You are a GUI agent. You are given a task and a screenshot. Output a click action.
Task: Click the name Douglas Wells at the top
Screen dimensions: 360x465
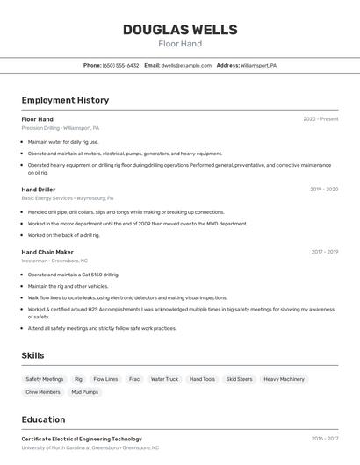pyautogui.click(x=180, y=30)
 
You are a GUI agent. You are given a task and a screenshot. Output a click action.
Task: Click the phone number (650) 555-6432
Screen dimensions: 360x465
pyautogui.click(x=120, y=65)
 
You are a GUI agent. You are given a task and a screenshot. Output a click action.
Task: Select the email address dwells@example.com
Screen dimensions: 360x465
pyautogui.click(x=186, y=65)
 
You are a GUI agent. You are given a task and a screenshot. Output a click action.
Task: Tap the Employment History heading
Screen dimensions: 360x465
pyautogui.click(x=65, y=100)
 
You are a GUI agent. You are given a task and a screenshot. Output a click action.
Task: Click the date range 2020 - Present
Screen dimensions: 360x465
pyautogui.click(x=320, y=119)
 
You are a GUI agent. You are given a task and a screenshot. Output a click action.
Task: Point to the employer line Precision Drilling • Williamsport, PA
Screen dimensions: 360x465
pyautogui.click(x=60, y=128)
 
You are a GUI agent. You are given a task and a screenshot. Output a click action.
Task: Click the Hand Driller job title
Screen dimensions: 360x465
pyautogui.click(x=39, y=189)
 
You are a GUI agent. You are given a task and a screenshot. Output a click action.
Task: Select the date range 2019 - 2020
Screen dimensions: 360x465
pyautogui.click(x=324, y=189)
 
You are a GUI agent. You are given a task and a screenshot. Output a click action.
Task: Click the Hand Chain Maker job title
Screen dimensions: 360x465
pyautogui.click(x=47, y=252)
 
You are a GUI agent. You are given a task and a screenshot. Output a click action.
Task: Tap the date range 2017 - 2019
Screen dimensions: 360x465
pyautogui.click(x=324, y=252)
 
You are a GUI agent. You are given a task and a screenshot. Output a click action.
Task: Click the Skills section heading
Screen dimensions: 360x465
pyautogui.click(x=33, y=355)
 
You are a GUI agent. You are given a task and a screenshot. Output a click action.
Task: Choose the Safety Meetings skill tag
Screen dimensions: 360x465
pyautogui.click(x=45, y=379)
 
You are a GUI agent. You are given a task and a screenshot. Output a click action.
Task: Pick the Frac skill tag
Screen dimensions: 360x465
pyautogui.click(x=134, y=379)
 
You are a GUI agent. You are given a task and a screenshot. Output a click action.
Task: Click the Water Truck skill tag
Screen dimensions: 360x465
pyautogui.click(x=164, y=379)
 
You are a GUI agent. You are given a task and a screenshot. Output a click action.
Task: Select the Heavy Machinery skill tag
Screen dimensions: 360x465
pyautogui.click(x=284, y=379)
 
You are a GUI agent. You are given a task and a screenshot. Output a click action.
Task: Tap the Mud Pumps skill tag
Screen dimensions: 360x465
pyautogui.click(x=85, y=392)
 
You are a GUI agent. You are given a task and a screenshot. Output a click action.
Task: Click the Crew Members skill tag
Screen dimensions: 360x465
pyautogui.click(x=43, y=392)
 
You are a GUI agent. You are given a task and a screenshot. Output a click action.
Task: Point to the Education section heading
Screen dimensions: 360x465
pyautogui.click(x=43, y=419)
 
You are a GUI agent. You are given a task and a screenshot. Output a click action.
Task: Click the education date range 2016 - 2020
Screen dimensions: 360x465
pyautogui.click(x=324, y=439)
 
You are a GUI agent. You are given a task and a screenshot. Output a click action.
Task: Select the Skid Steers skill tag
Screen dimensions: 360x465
pyautogui.click(x=239, y=379)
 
